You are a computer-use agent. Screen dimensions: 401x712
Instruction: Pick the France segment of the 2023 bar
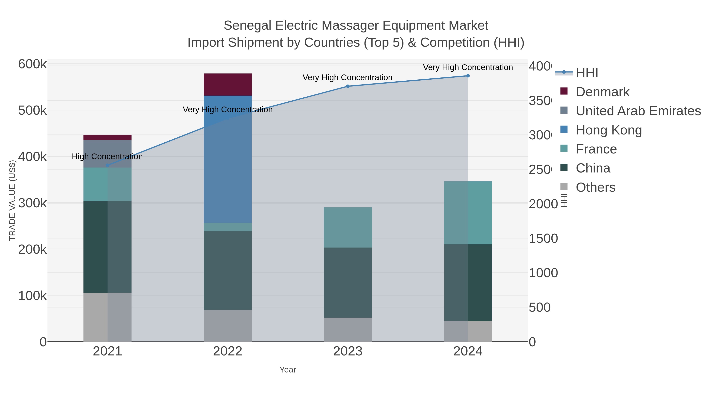tap(347, 227)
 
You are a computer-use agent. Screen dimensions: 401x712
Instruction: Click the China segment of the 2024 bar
tap(468, 282)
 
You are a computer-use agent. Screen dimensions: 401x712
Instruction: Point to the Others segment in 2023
tap(347, 329)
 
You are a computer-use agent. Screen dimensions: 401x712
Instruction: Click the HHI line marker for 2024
tap(468, 76)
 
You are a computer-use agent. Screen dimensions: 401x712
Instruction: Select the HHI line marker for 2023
tap(348, 86)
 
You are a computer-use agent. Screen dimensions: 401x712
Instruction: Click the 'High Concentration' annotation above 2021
tap(107, 157)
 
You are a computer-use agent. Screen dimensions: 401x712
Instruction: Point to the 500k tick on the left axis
tap(32, 110)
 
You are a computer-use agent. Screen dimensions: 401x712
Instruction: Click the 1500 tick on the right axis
tap(543, 239)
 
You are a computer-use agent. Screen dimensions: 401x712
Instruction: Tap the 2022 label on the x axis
tap(227, 351)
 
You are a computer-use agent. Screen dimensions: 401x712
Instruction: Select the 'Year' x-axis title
tap(287, 370)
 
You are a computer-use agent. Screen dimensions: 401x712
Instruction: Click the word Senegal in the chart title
tap(247, 26)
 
